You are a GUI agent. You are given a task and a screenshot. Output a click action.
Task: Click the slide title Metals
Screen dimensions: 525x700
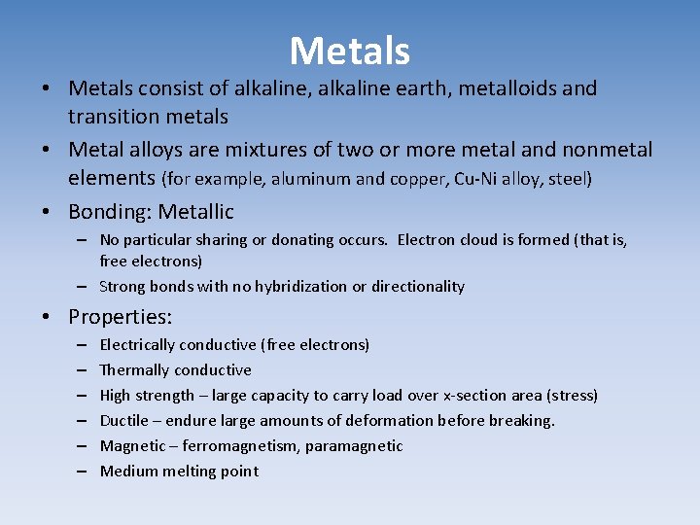click(x=350, y=51)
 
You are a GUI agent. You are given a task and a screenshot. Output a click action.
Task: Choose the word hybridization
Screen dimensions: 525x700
click(x=291, y=287)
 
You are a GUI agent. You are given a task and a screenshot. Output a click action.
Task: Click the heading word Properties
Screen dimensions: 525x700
click(x=120, y=317)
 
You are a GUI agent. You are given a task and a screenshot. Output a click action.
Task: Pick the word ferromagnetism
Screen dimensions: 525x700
click(x=252, y=446)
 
